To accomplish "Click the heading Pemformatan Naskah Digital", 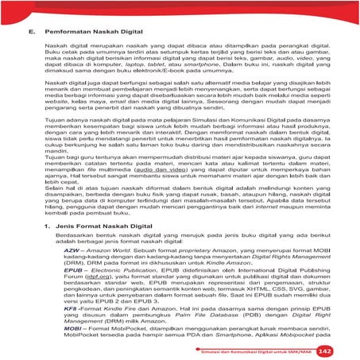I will tap(99, 33).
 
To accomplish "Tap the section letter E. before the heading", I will tap(32, 33).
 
